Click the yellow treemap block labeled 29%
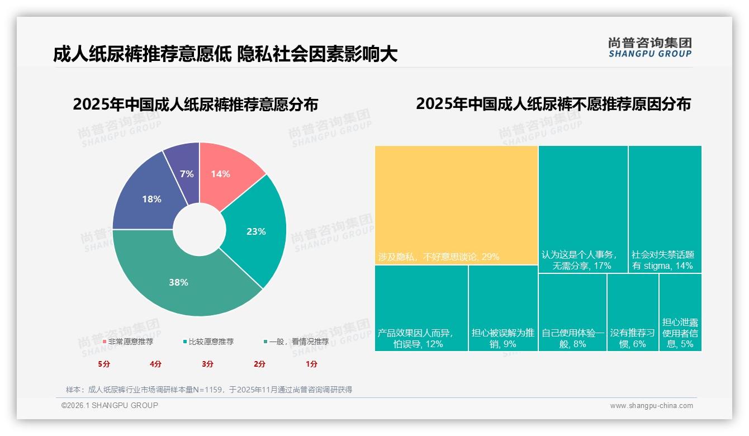coord(456,205)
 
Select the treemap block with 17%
coord(583,209)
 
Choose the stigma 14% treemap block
coord(665,209)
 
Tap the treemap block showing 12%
coord(421,307)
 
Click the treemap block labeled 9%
coord(503,307)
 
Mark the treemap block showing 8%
coord(572,312)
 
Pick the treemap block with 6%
coord(632,312)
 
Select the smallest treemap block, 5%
coord(680,312)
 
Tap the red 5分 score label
coord(104,364)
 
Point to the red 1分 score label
coord(311,364)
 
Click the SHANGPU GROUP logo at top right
coord(650,48)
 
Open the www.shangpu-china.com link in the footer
coord(651,406)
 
